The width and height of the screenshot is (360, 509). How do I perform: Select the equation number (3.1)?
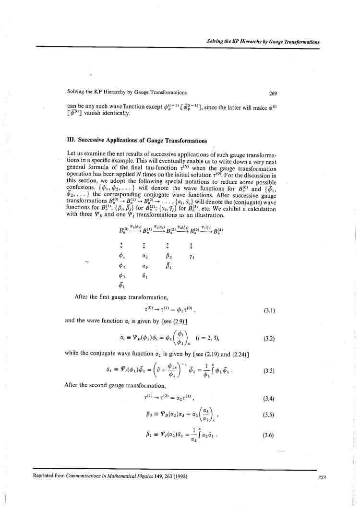pos(269,310)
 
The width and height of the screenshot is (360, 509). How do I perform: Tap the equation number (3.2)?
pos(269,339)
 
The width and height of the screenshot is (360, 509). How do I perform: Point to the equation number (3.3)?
pos(269,371)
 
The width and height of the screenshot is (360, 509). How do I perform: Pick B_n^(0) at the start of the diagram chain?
pos(123,230)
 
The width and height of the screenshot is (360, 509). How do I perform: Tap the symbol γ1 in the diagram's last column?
pos(192,256)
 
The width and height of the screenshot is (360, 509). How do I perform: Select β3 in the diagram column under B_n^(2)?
pos(168,256)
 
